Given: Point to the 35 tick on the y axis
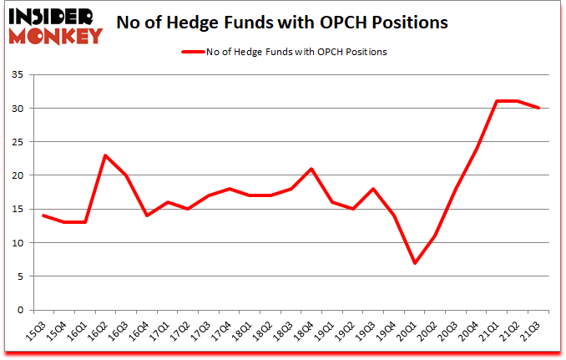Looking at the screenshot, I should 18,75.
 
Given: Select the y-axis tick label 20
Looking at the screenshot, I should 18,175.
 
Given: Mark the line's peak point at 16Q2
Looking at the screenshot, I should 105,155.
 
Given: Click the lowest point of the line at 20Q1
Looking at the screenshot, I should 415,263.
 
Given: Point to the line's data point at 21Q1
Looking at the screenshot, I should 496,101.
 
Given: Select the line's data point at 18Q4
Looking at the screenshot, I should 311,169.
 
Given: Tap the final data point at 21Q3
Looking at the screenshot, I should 539,108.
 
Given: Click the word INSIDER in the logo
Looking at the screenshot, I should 53,15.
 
